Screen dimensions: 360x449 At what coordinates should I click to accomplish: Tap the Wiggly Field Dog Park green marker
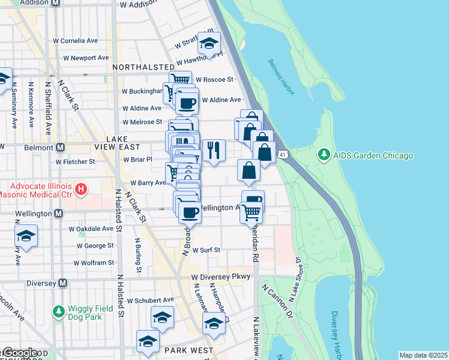[59, 311]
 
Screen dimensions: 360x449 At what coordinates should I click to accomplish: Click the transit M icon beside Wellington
[59, 213]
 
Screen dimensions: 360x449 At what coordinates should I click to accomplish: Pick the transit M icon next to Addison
[55, 3]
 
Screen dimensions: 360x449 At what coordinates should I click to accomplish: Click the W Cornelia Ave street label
[76, 41]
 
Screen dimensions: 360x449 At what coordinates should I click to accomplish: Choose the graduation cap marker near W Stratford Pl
[209, 43]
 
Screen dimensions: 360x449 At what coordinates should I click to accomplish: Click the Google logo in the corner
[19, 353]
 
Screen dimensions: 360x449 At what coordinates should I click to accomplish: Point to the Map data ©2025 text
[423, 355]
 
